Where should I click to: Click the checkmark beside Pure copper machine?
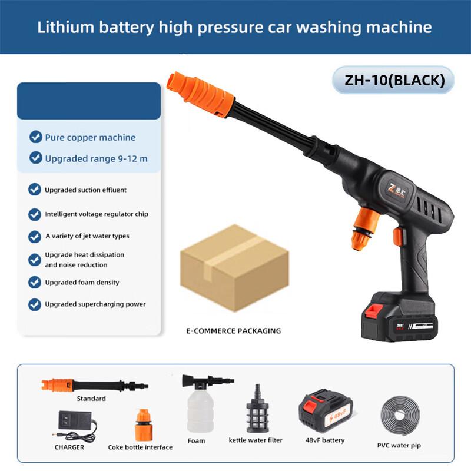point(35,137)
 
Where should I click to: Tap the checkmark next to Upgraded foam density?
point(35,282)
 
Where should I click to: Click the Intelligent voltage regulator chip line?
point(97,214)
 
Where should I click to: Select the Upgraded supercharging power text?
point(95,304)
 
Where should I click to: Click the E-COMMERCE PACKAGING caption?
point(234,331)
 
